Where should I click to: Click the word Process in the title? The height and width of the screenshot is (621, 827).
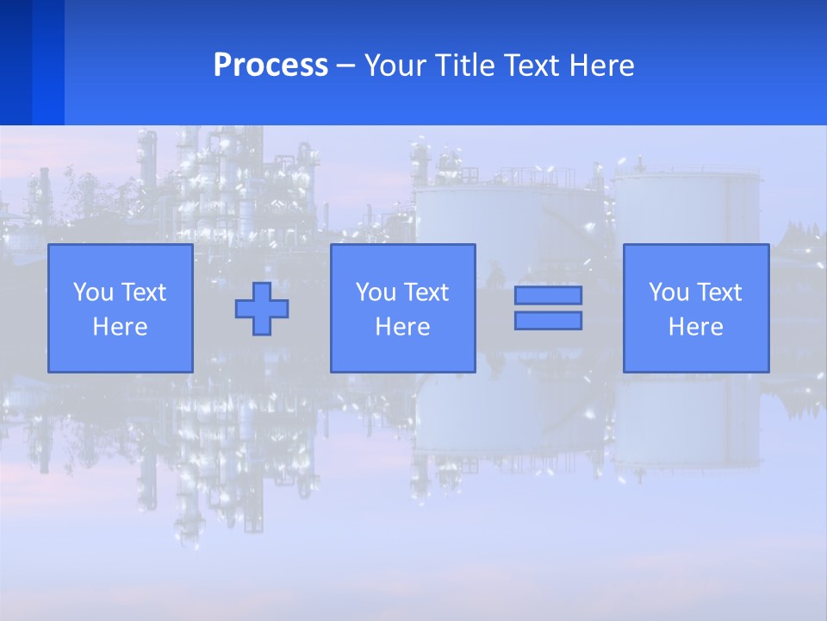pyautogui.click(x=270, y=65)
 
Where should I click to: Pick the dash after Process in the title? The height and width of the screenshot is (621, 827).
pyautogui.click(x=346, y=66)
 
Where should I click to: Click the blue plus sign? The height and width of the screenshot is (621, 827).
pyautogui.click(x=262, y=308)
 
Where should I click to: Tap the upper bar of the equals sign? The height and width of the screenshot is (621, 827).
pyautogui.click(x=548, y=295)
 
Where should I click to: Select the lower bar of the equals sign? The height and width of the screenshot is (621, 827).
pyautogui.click(x=548, y=320)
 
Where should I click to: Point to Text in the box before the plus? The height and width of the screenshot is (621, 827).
pyautogui.click(x=143, y=292)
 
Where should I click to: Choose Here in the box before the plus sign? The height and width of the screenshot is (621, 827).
pyautogui.click(x=120, y=327)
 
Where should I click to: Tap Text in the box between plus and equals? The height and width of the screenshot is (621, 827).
pyautogui.click(x=426, y=292)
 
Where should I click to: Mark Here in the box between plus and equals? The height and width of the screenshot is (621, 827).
pyautogui.click(x=402, y=327)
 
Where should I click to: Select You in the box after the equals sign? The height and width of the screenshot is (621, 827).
pyautogui.click(x=668, y=292)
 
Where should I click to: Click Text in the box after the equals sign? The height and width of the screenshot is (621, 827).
pyautogui.click(x=718, y=292)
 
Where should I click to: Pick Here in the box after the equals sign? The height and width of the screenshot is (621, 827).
pyautogui.click(x=695, y=327)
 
